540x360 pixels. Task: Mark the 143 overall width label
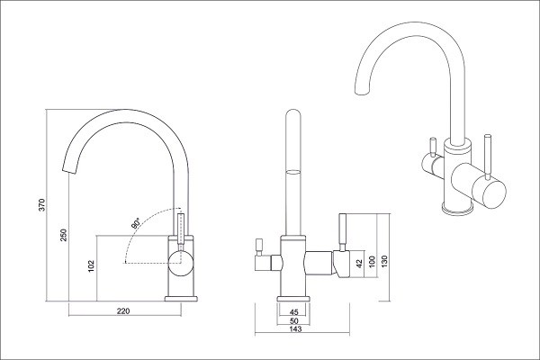click(295, 330)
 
